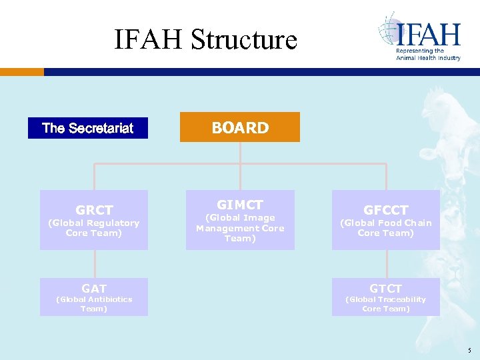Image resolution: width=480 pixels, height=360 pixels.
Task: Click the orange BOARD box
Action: click(240, 127)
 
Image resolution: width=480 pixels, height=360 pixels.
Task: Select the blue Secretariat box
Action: click(87, 128)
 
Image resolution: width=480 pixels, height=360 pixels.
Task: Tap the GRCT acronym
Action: click(94, 210)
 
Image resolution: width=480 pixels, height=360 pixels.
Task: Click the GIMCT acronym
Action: click(240, 205)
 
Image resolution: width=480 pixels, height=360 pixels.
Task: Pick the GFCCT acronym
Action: click(386, 210)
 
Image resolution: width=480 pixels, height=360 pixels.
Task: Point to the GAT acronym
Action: click(94, 289)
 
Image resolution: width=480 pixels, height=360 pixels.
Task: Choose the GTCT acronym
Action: click(386, 289)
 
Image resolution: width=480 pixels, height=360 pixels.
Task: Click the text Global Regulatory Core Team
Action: click(94, 228)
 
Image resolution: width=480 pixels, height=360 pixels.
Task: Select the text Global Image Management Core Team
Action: click(240, 228)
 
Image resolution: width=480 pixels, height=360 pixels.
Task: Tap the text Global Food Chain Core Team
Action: click(386, 228)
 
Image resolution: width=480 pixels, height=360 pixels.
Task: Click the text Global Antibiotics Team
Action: click(94, 304)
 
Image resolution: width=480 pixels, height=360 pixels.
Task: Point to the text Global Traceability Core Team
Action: click(386, 304)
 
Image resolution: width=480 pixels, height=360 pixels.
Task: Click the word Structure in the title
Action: click(244, 39)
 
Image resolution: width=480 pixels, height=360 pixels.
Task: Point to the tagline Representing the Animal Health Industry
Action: click(428, 55)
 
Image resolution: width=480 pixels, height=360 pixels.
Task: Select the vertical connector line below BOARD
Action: click(240, 152)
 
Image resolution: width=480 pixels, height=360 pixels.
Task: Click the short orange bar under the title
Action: click(22, 71)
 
